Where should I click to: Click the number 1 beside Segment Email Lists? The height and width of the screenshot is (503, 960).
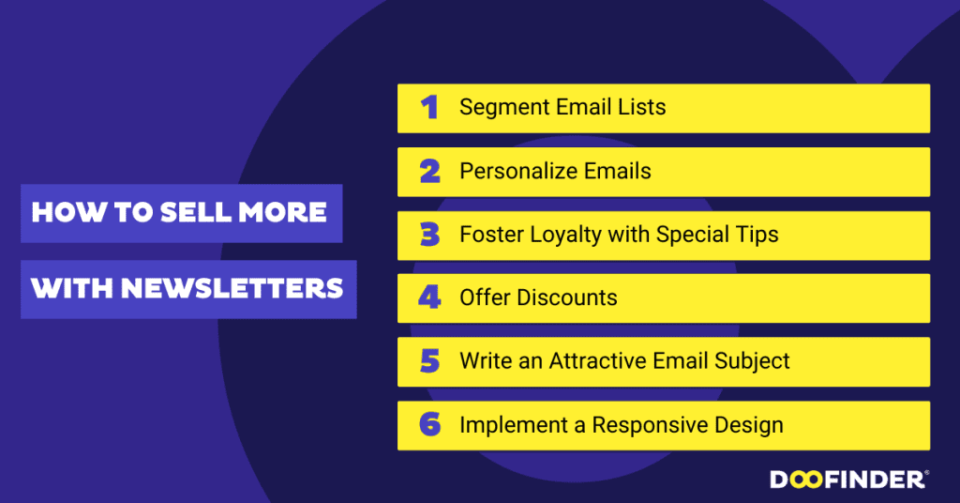pyautogui.click(x=429, y=108)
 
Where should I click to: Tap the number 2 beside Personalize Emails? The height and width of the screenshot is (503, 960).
pyautogui.click(x=429, y=172)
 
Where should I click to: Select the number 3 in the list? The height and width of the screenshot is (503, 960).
pyautogui.click(x=429, y=235)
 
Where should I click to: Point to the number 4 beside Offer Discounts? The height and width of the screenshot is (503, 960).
pyautogui.click(x=429, y=298)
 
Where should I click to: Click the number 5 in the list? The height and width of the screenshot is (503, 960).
pyautogui.click(x=429, y=361)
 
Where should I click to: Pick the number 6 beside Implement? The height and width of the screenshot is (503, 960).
pyautogui.click(x=429, y=425)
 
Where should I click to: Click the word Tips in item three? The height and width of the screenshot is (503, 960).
pyautogui.click(x=757, y=235)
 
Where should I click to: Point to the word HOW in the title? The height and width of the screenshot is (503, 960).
pyautogui.click(x=64, y=213)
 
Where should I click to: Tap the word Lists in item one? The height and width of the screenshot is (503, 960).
pyautogui.click(x=640, y=108)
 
